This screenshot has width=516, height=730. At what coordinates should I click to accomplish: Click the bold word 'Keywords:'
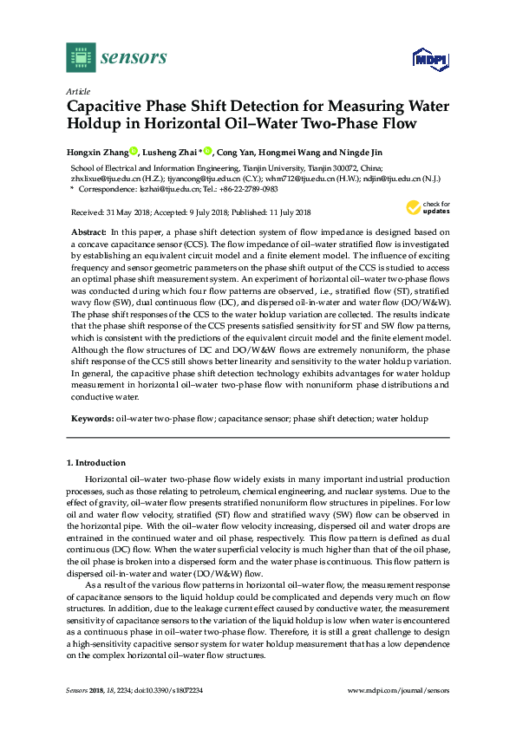[93, 419]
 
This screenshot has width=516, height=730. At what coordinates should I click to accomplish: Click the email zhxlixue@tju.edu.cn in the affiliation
[101, 179]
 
